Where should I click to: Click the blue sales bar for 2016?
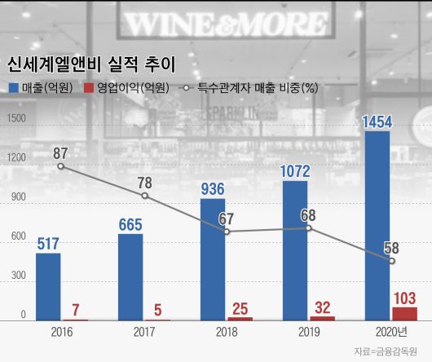click(x=48, y=287)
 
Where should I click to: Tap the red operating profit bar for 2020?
click(x=404, y=313)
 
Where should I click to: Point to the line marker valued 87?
click(x=60, y=166)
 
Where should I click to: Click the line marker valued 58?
click(x=392, y=261)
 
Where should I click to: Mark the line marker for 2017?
click(x=144, y=196)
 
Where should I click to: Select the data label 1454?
click(x=377, y=121)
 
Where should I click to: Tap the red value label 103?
click(x=404, y=298)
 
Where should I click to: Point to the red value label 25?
click(x=240, y=308)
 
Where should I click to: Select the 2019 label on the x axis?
click(x=309, y=333)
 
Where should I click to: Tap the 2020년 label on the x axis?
click(x=391, y=333)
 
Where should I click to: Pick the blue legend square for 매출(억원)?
click(x=13, y=87)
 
